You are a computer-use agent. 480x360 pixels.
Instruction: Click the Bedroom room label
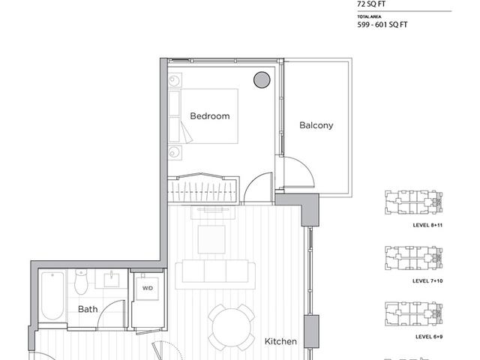(x=209, y=116)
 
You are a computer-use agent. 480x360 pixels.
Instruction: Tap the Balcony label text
(x=316, y=125)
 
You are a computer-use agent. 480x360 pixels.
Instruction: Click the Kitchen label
(x=280, y=341)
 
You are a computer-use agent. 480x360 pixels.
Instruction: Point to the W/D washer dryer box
(x=147, y=289)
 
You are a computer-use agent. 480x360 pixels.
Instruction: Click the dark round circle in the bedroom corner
(x=261, y=79)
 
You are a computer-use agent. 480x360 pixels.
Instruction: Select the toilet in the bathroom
(x=82, y=283)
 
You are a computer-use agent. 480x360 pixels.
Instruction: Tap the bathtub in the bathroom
(x=51, y=295)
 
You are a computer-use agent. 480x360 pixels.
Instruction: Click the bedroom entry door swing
(x=259, y=188)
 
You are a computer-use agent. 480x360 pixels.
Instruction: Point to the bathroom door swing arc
(x=112, y=315)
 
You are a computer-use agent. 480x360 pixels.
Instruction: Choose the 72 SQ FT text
(x=373, y=3)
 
